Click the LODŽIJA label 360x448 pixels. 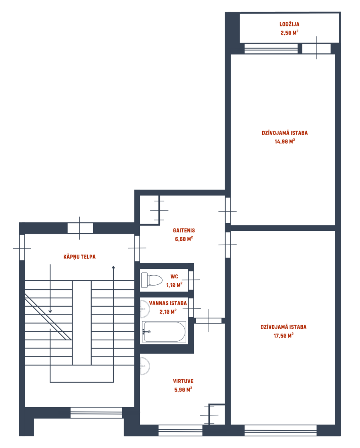pyautogui.click(x=290, y=24)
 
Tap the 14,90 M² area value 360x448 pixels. pyautogui.click(x=284, y=142)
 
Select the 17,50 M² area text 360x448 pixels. pyautogui.click(x=284, y=336)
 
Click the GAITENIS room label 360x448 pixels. pyautogui.click(x=184, y=230)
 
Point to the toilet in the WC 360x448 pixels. pyautogui.click(x=151, y=280)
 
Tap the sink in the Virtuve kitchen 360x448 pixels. pyautogui.click(x=145, y=366)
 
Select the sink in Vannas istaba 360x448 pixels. pyautogui.click(x=145, y=308)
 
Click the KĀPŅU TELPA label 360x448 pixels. pyautogui.click(x=80, y=256)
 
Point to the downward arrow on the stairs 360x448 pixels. pyautogui.click(x=50, y=288)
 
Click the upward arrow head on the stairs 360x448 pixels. pyautogui.click(x=113, y=268)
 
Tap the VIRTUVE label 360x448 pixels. pyautogui.click(x=183, y=381)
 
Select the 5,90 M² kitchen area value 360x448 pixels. pyautogui.click(x=183, y=390)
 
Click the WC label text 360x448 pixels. pyautogui.click(x=174, y=276)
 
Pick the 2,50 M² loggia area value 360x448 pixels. pyautogui.click(x=290, y=32)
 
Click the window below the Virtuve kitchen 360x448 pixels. pyautogui.click(x=181, y=430)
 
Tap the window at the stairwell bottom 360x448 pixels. pyautogui.click(x=96, y=412)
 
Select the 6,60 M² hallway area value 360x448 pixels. pyautogui.click(x=184, y=239)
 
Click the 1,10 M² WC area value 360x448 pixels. pyautogui.click(x=174, y=285)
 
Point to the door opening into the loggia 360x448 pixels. pyautogui.click(x=316, y=48)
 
